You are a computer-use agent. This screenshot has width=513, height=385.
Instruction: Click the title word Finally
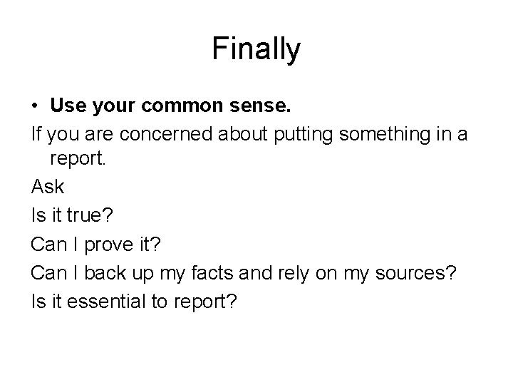[x=256, y=49]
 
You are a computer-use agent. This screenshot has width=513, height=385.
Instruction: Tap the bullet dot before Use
[x=35, y=106]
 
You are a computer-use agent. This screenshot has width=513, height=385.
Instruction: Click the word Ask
[x=48, y=187]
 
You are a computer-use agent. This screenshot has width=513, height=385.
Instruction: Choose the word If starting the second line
[x=38, y=133]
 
